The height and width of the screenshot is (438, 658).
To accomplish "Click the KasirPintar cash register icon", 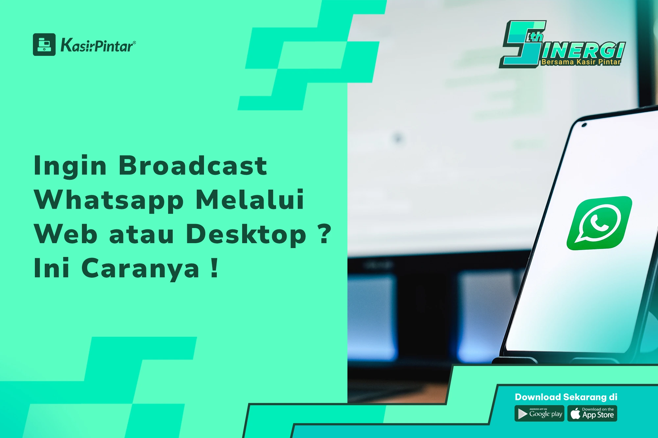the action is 44,44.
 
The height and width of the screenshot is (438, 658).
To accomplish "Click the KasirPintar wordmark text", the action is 98,45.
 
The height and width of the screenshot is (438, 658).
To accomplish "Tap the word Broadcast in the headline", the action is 192,165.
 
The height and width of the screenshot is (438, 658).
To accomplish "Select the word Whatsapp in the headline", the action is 109,200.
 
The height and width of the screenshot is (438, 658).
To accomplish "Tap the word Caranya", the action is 140,269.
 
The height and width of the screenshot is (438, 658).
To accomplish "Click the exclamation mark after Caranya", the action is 215,267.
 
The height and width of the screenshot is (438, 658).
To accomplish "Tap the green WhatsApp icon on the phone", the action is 599,223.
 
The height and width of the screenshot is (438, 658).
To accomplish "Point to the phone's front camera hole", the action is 584,125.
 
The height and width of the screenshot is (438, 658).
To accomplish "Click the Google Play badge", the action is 539,413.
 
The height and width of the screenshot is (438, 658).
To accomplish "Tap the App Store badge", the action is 592,413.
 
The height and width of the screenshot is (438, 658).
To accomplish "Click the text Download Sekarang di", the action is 566,397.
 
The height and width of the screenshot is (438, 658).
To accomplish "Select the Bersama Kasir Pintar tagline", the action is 581,62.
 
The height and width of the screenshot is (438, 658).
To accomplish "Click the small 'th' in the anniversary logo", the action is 535,36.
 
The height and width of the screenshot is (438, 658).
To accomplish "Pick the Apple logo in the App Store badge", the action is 575,413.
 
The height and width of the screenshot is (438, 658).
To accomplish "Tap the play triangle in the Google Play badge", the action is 522,414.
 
